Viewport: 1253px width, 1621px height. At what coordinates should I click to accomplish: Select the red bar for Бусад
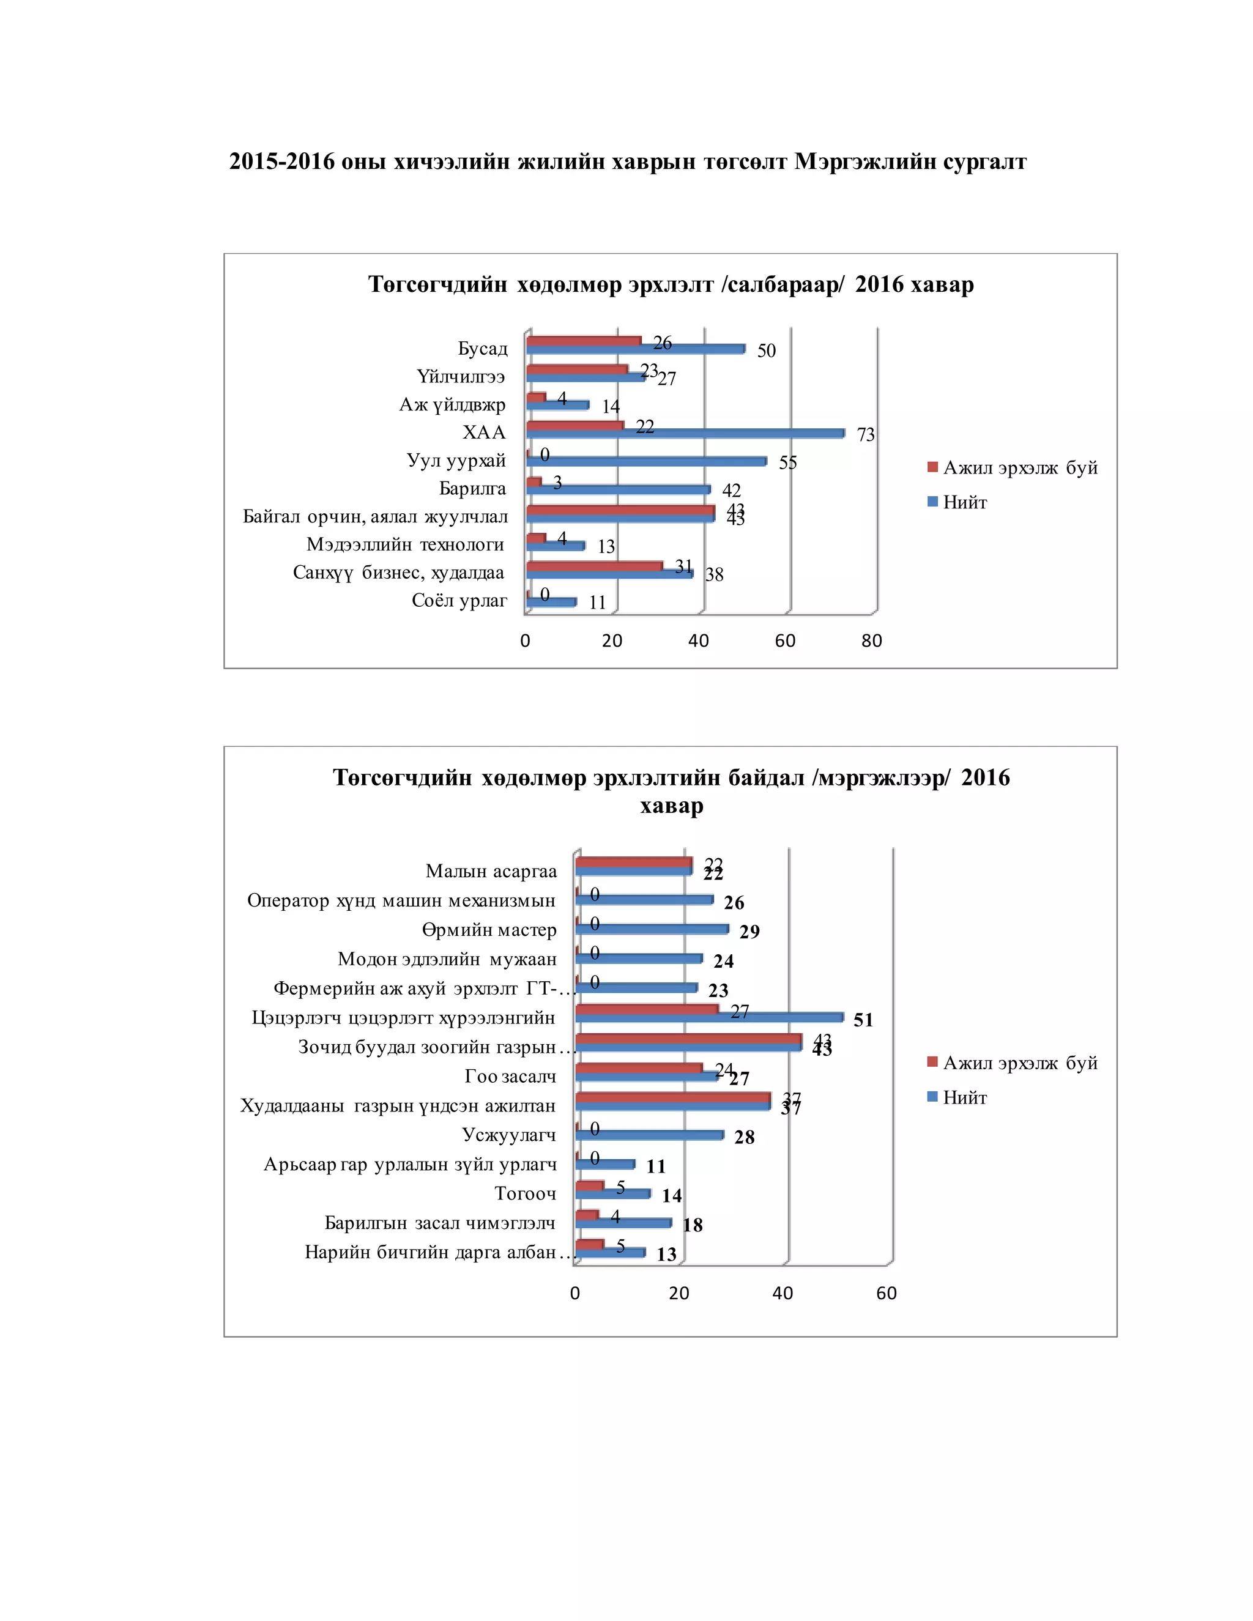[584, 341]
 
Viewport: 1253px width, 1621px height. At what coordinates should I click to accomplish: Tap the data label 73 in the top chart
[866, 435]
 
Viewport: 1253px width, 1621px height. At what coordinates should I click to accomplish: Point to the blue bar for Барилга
[617, 490]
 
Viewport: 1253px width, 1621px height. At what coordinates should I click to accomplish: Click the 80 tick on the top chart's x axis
[871, 640]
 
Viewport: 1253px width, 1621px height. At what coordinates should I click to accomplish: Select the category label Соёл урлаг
[459, 601]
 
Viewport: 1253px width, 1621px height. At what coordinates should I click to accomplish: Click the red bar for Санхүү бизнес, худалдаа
[594, 566]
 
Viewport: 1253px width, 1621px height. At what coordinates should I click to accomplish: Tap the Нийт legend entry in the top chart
[964, 502]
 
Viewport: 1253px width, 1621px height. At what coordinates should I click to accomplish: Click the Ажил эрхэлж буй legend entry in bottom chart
[1019, 1063]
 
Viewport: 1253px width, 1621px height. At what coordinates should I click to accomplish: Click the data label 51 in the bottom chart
[863, 1020]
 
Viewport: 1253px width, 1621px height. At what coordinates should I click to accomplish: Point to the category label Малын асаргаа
[491, 870]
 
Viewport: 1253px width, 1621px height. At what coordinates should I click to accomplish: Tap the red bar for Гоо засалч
[638, 1068]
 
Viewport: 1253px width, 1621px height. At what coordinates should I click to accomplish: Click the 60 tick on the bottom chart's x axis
[887, 1293]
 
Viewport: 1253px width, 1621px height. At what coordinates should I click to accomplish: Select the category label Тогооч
[525, 1193]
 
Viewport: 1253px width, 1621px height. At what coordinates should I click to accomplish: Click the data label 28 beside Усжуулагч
[744, 1137]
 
